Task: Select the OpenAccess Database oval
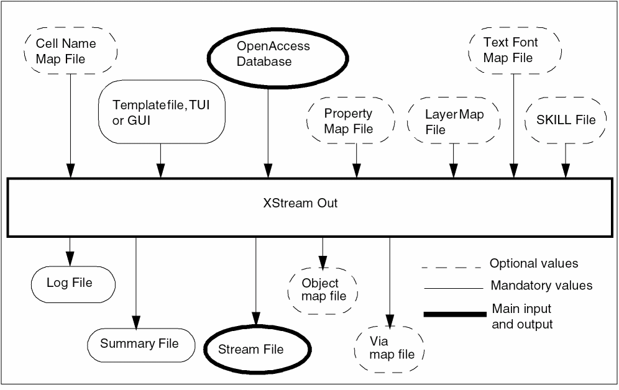268,54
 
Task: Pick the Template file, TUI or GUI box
161,112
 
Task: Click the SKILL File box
566,120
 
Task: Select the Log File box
70,283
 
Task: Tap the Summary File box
139,343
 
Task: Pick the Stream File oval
251,349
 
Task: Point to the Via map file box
390,348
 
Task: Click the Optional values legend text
534,263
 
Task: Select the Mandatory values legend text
541,286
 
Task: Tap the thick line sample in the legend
452,314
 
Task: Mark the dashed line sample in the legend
452,267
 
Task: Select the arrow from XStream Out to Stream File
255,279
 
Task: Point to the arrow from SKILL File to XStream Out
566,160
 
